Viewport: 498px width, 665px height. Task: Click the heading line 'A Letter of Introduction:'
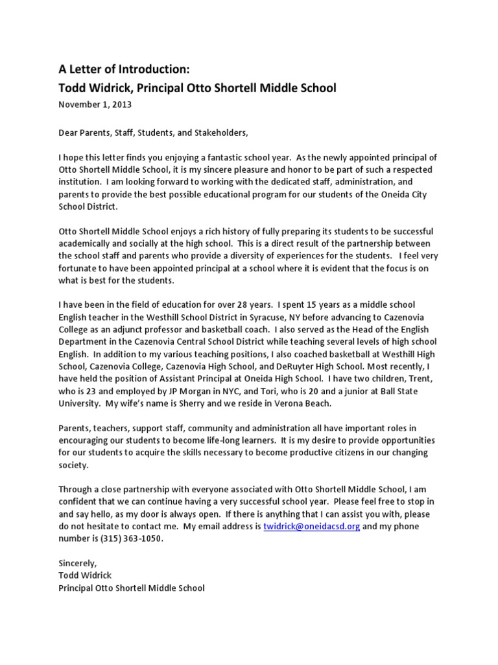pyautogui.click(x=124, y=69)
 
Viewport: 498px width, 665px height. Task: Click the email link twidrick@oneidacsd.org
pyautogui.click(x=311, y=526)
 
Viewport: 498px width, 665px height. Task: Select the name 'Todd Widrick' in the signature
pyautogui.click(x=85, y=575)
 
